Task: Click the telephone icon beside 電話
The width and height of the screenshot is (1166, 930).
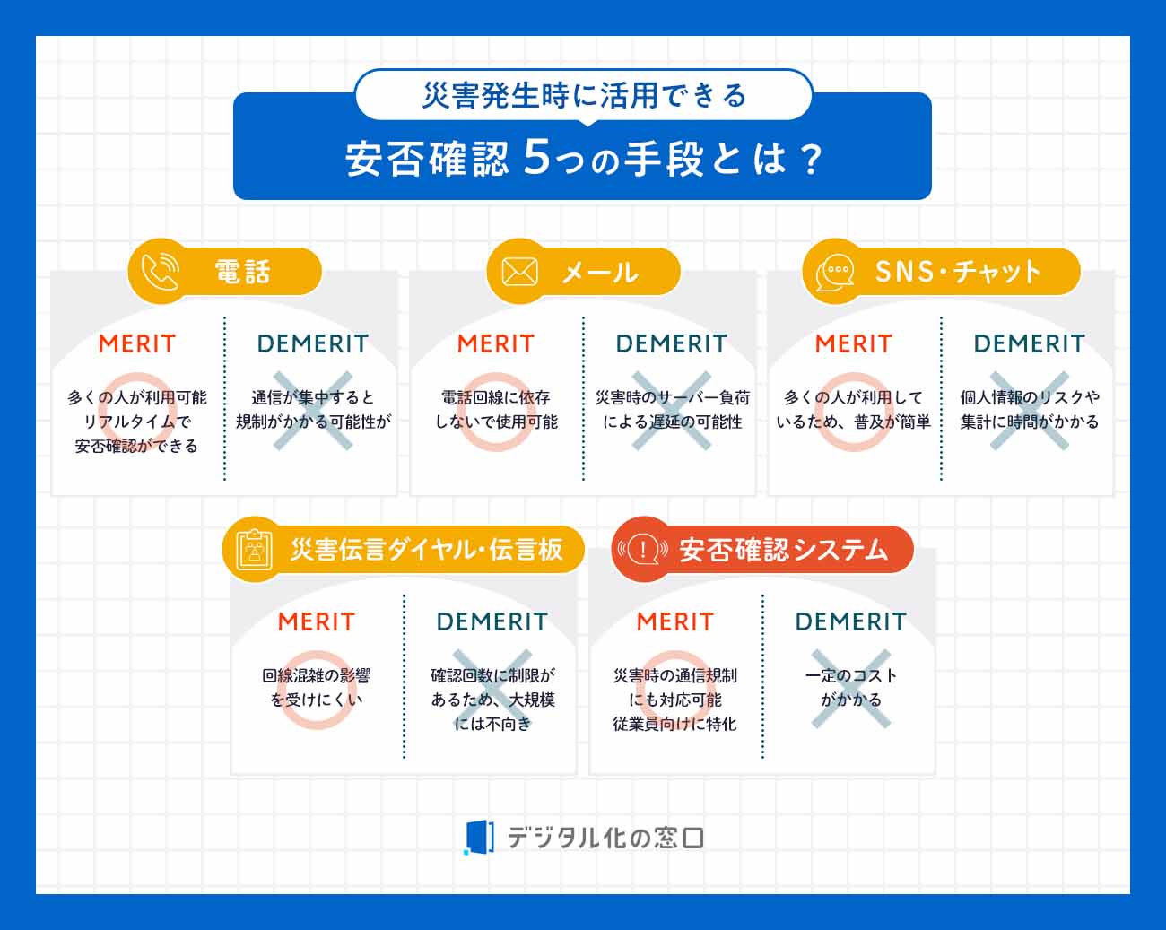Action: pos(161,271)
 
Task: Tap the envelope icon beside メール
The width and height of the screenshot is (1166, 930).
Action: pos(519,271)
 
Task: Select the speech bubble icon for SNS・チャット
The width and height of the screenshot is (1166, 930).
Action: pos(835,271)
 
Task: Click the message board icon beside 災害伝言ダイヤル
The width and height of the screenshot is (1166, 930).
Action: pos(255,549)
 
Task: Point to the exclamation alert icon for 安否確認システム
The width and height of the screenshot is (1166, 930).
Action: pos(642,549)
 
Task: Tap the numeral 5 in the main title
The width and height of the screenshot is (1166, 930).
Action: pos(535,157)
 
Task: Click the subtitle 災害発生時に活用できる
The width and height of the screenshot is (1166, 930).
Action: pos(584,95)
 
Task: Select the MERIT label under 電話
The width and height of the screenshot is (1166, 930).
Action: pos(137,343)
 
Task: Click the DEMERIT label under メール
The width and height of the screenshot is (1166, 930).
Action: pos(671,343)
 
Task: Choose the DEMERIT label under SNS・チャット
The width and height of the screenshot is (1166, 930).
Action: pos(1029,343)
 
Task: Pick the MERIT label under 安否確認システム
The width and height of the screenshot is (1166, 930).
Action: pos(675,621)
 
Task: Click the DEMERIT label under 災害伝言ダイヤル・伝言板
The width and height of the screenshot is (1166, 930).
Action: pos(492,621)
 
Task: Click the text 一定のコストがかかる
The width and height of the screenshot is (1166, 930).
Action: pos(850,687)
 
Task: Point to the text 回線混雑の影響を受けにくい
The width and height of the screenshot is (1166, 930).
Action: pos(316,687)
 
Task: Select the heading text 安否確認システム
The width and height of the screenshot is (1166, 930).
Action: pos(783,549)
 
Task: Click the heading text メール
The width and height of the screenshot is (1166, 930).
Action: pos(599,272)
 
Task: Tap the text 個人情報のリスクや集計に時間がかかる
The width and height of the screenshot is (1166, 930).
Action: pos(1030,409)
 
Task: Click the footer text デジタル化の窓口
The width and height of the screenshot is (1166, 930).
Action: pos(605,838)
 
